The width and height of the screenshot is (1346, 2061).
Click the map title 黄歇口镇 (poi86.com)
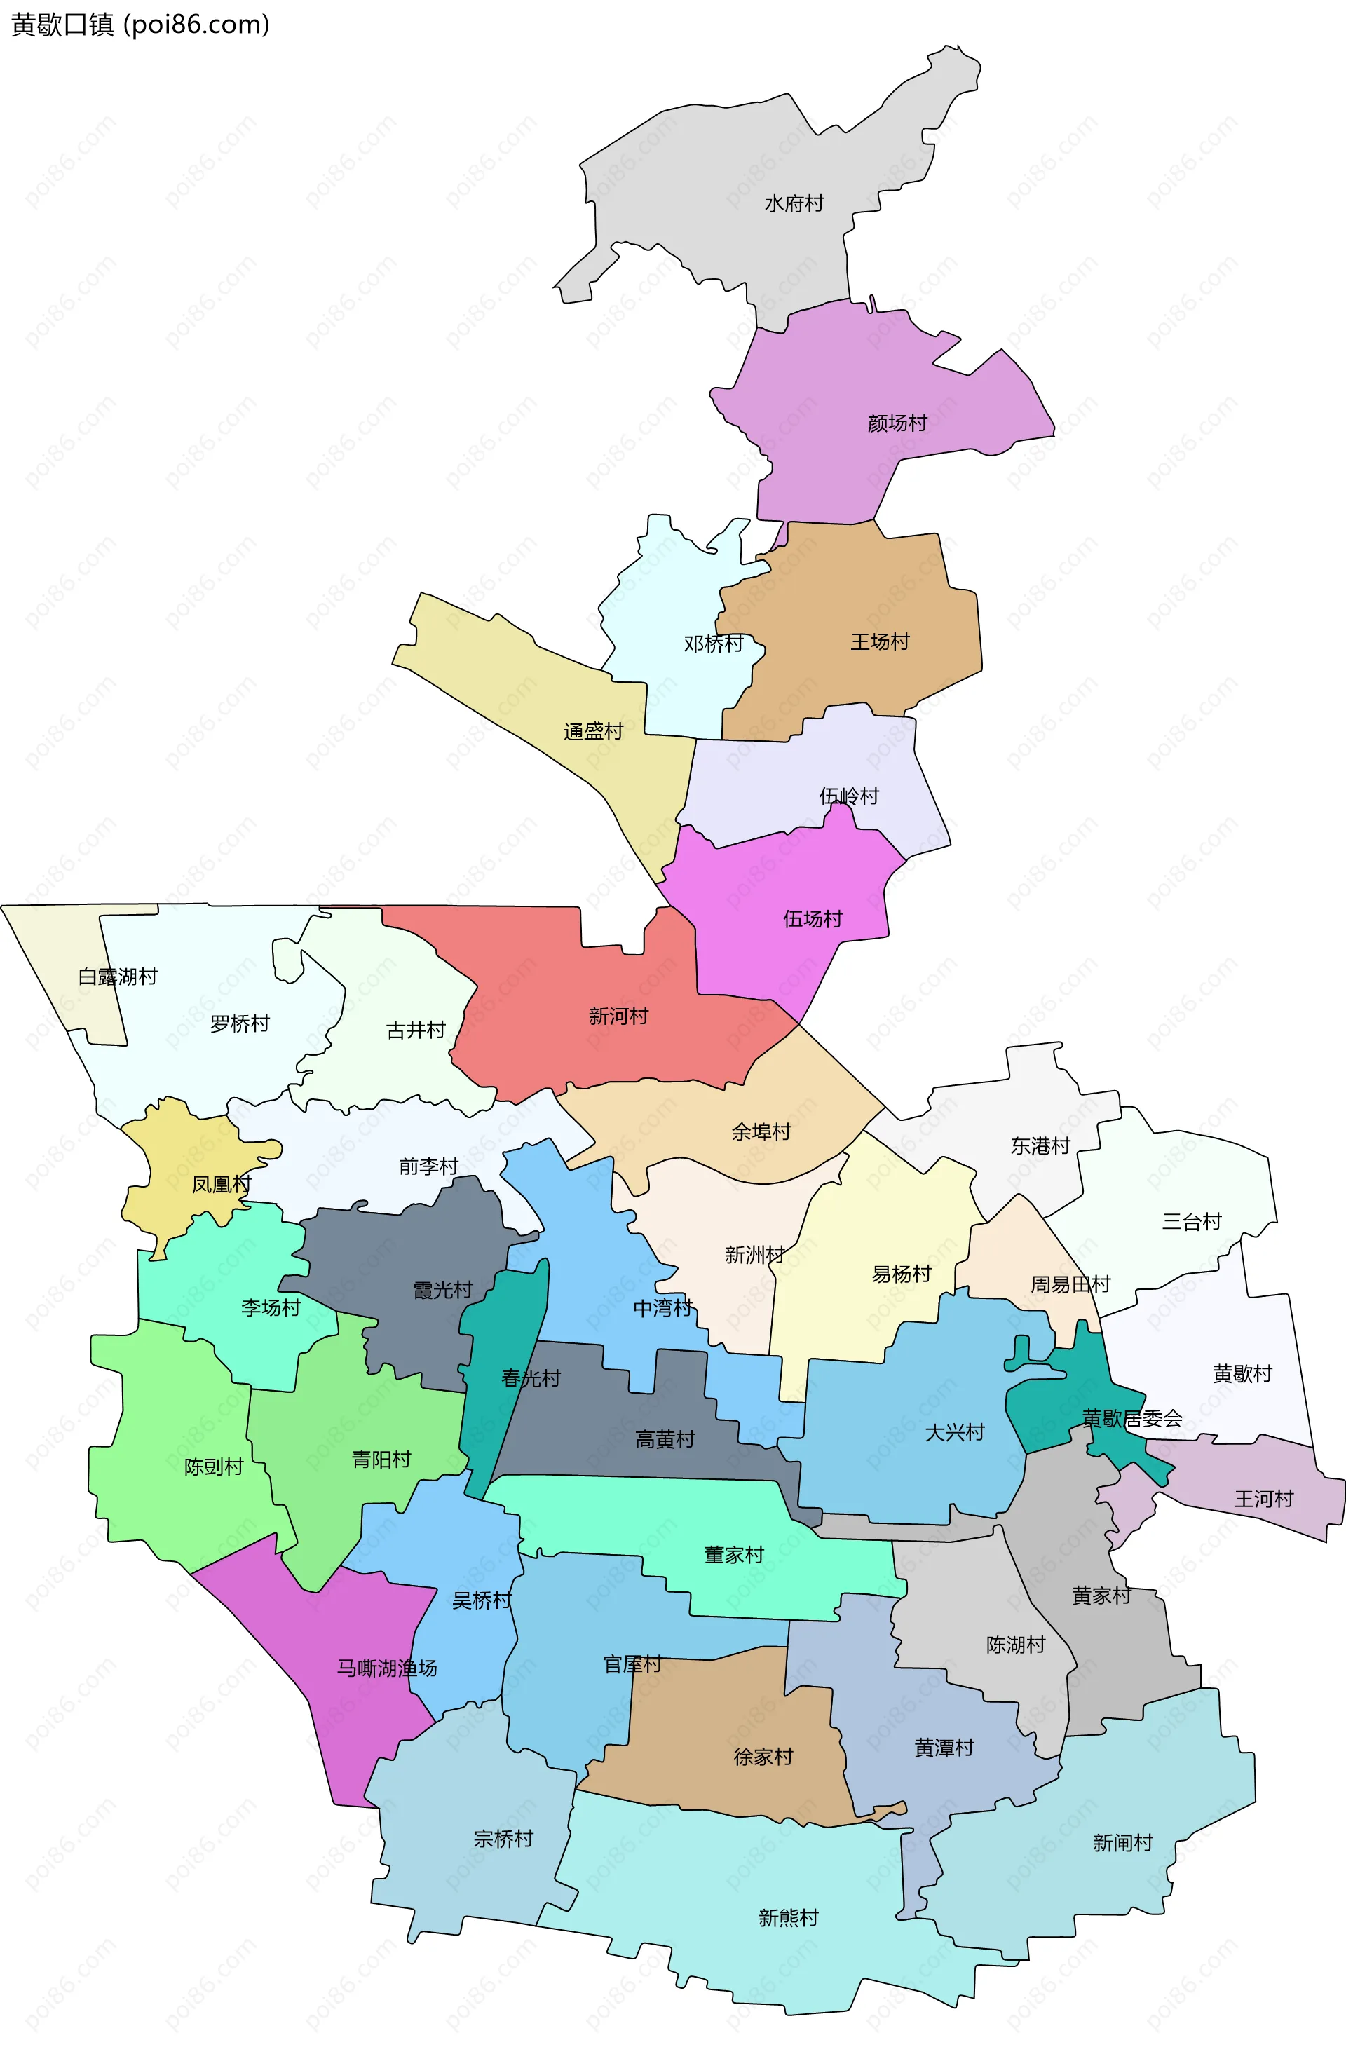point(140,25)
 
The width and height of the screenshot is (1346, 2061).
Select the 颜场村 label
point(897,423)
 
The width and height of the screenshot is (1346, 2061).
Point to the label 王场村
point(880,641)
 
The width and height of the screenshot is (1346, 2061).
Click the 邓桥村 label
point(713,644)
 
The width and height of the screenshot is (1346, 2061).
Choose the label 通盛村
point(593,732)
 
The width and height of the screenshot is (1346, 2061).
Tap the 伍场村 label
point(813,919)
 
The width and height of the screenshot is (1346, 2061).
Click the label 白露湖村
point(118,977)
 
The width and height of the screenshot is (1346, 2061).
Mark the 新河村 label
point(618,1016)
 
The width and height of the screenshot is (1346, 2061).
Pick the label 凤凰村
point(221,1184)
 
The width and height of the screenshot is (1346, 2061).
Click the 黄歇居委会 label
point(1132,1418)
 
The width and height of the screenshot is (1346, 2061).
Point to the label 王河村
point(1264,1499)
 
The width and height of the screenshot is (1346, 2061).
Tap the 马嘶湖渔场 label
point(387,1668)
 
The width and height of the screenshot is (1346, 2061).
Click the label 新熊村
point(788,1917)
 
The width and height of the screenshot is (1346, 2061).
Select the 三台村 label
point(1191,1222)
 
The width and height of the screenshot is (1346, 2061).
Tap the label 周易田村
point(1070,1284)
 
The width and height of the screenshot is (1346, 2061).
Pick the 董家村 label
point(733,1556)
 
